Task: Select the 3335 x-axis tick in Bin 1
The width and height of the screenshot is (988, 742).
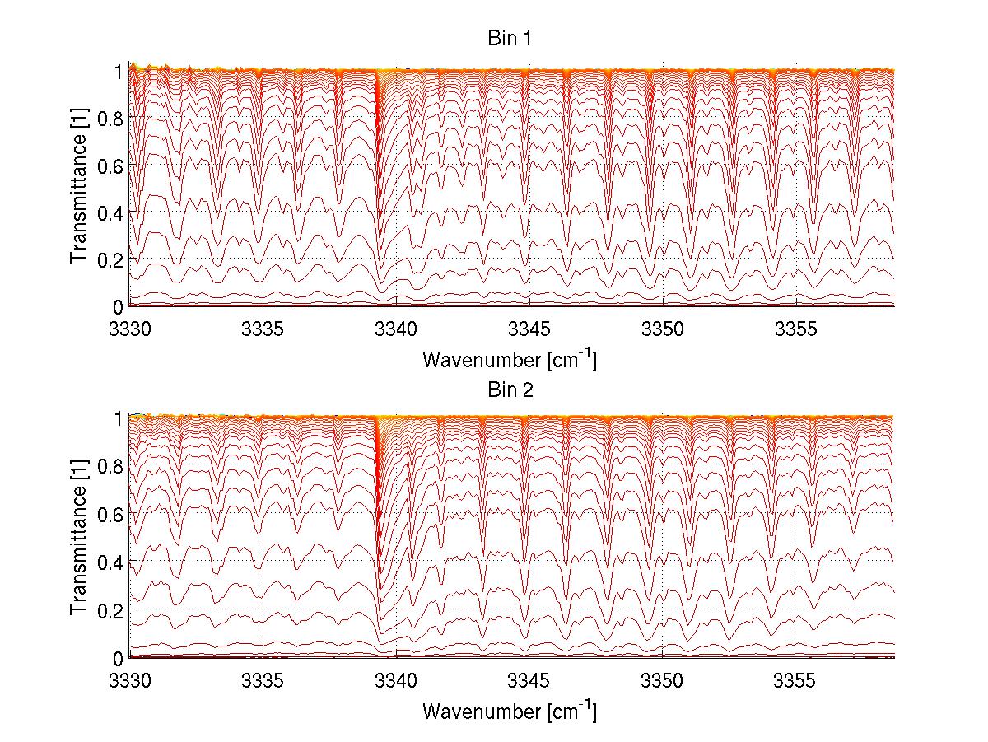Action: tap(263, 329)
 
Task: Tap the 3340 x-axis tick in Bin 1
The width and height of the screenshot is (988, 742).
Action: tap(396, 329)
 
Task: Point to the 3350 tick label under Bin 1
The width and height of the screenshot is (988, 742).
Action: tap(663, 329)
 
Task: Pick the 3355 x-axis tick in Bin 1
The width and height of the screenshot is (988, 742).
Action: tap(796, 329)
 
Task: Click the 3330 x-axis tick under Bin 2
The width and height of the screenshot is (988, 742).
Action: tap(129, 680)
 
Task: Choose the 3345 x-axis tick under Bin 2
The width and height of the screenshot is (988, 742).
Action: tap(529, 680)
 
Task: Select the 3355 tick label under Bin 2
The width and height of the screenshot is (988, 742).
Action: tap(796, 680)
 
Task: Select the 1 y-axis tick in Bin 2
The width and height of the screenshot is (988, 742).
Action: tap(118, 418)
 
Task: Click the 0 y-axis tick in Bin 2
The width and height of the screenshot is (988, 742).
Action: tap(118, 657)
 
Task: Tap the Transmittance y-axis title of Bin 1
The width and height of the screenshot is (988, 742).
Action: tap(78, 188)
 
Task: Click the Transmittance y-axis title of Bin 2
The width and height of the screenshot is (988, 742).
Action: tap(78, 539)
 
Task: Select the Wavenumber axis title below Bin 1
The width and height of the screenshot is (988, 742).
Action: tap(510, 359)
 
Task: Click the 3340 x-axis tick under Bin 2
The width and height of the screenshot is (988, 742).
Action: tap(396, 680)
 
